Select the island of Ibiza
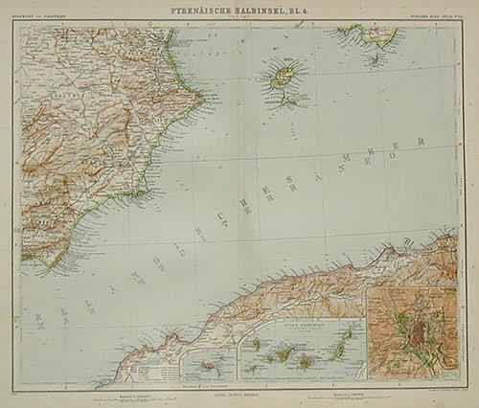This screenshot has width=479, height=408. (284, 75)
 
